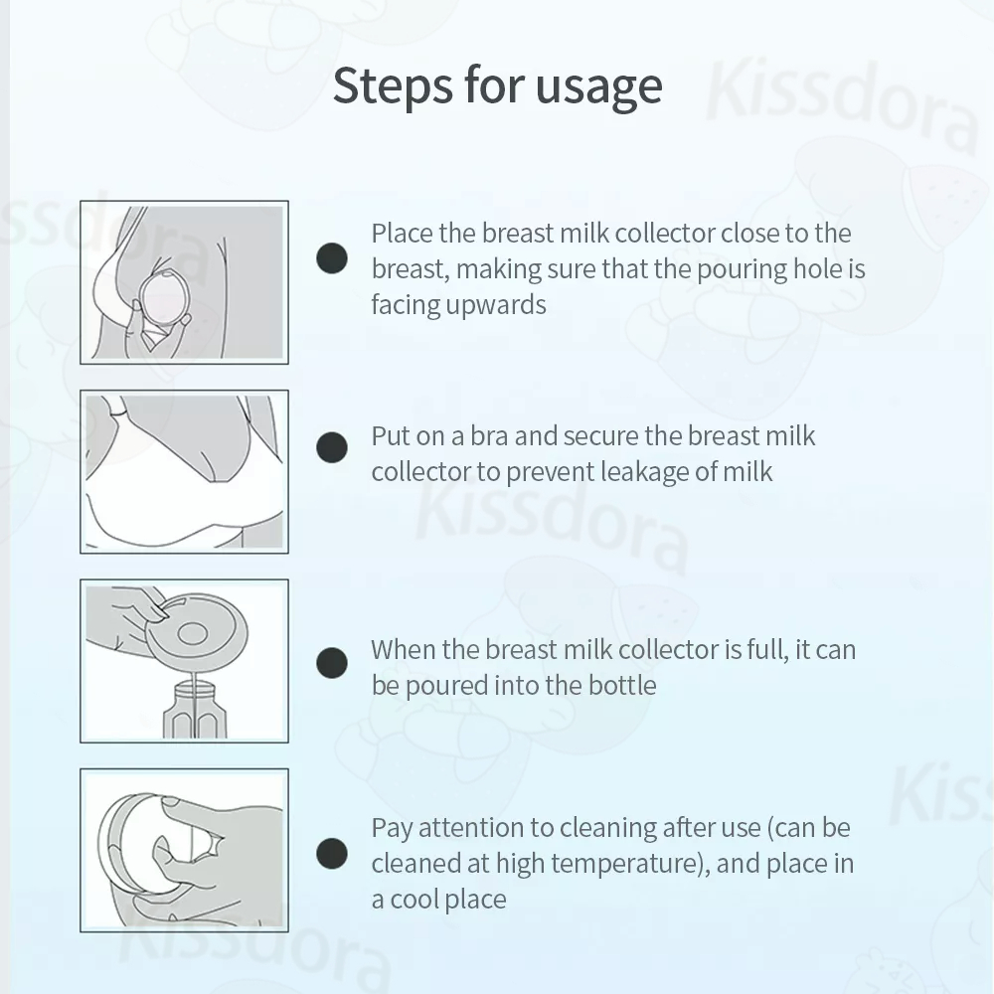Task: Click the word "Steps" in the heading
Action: click(x=393, y=86)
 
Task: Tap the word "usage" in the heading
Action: click(x=598, y=87)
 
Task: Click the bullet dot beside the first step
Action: click(x=332, y=258)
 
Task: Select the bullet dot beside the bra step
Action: click(x=332, y=447)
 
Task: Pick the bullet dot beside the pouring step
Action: click(x=332, y=662)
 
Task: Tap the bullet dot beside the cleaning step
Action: click(x=332, y=853)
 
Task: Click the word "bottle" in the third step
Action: click(x=622, y=685)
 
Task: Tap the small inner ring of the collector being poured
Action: click(x=193, y=632)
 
